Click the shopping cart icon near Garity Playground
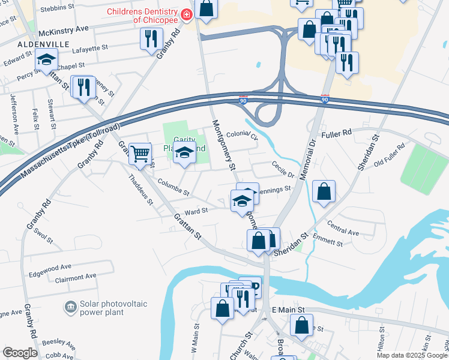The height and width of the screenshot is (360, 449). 140,153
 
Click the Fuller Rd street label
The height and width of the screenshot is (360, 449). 340,136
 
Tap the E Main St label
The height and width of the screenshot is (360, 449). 289,310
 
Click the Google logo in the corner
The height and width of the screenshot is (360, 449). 20,353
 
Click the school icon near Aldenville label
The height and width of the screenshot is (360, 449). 46,59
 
